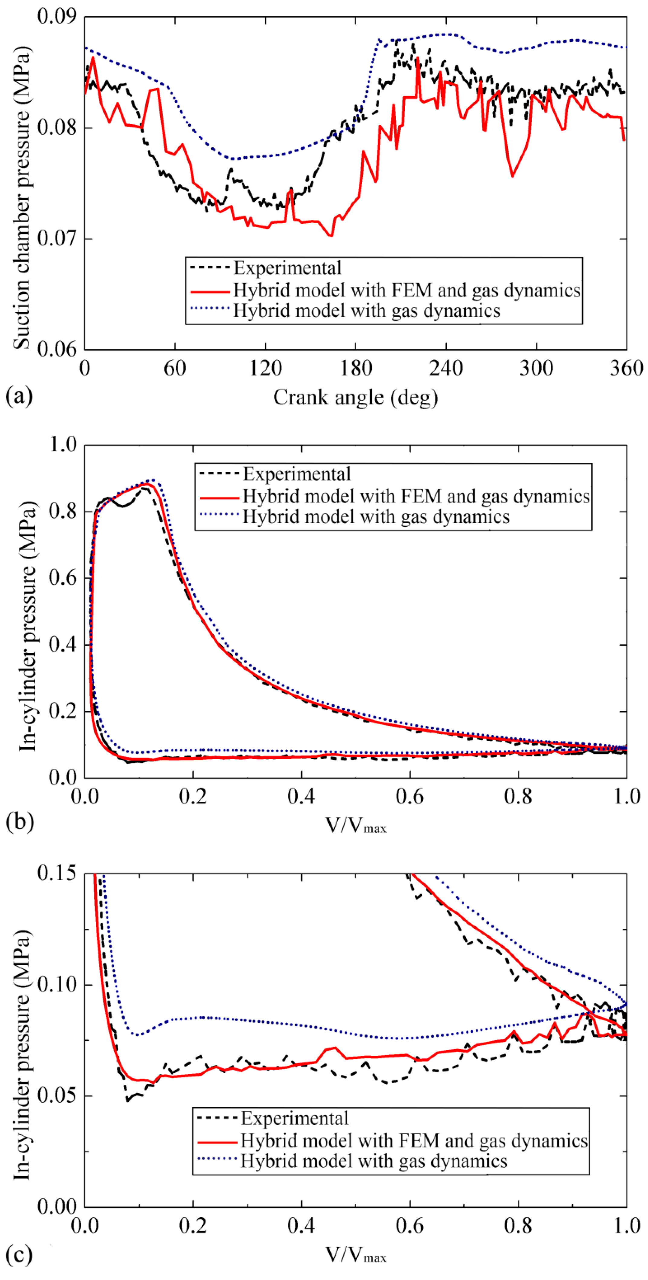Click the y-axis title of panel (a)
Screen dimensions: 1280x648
(x=21, y=198)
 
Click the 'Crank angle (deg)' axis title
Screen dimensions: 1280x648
(x=356, y=398)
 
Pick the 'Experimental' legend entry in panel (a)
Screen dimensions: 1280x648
(x=287, y=268)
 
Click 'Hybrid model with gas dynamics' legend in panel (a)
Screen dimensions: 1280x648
(x=367, y=310)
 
